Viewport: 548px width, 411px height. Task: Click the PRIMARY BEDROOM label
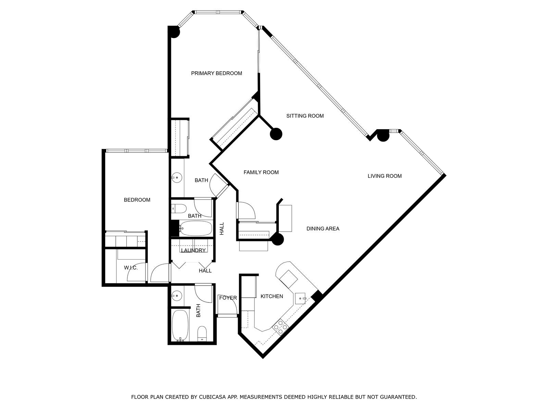point(216,73)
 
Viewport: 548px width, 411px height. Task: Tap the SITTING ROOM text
point(305,116)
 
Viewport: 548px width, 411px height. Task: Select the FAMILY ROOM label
point(261,172)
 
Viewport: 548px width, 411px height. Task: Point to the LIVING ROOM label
point(385,176)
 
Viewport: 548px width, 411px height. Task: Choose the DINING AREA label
point(323,228)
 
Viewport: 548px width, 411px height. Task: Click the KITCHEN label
point(272,296)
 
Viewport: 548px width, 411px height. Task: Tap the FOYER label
point(228,298)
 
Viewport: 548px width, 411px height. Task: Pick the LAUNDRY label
point(193,250)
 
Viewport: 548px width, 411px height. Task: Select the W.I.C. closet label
point(131,268)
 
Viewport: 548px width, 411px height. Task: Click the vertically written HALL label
point(222,228)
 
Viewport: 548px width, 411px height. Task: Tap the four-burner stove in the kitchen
point(281,327)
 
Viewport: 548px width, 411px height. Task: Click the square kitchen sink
point(300,298)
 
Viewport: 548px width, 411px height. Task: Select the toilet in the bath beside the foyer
point(202,334)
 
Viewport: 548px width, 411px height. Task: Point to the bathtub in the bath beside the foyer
point(180,325)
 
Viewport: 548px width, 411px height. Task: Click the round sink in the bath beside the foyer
point(177,296)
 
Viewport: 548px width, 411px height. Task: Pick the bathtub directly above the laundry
point(195,228)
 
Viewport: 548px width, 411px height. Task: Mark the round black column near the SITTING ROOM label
point(276,134)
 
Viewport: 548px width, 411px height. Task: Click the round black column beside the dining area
point(278,239)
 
